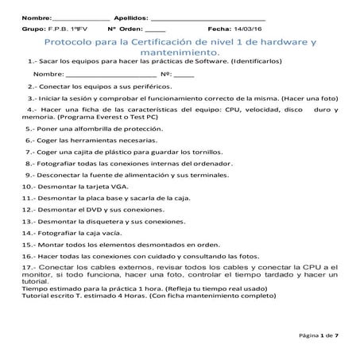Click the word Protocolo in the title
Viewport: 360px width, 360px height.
click(72, 40)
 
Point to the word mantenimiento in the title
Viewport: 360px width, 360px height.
click(179, 51)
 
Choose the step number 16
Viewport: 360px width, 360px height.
click(28, 257)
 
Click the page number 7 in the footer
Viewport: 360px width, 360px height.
click(337, 337)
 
